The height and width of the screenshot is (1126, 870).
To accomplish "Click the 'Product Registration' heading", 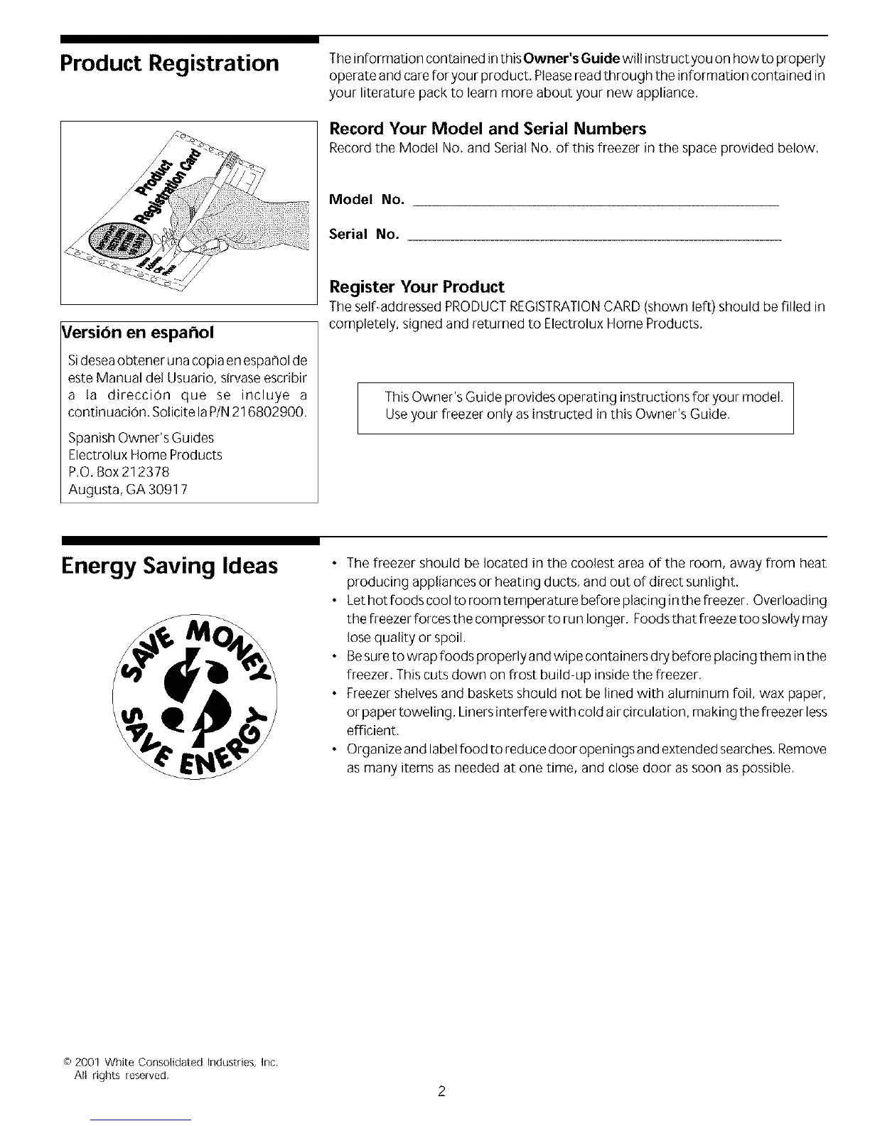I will coord(170,63).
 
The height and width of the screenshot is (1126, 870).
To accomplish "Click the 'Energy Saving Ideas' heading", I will coord(169,566).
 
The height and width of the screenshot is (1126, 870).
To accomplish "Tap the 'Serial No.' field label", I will coord(363,235).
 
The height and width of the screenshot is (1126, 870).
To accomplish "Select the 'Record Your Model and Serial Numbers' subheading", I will coord(488,129).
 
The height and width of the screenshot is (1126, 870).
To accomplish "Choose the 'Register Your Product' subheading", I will coord(417,287).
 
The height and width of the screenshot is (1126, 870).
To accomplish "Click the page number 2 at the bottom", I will coord(441,1092).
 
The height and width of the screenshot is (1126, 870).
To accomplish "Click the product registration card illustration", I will coord(188,213).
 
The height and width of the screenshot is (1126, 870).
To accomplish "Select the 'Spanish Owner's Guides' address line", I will coord(141,438).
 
